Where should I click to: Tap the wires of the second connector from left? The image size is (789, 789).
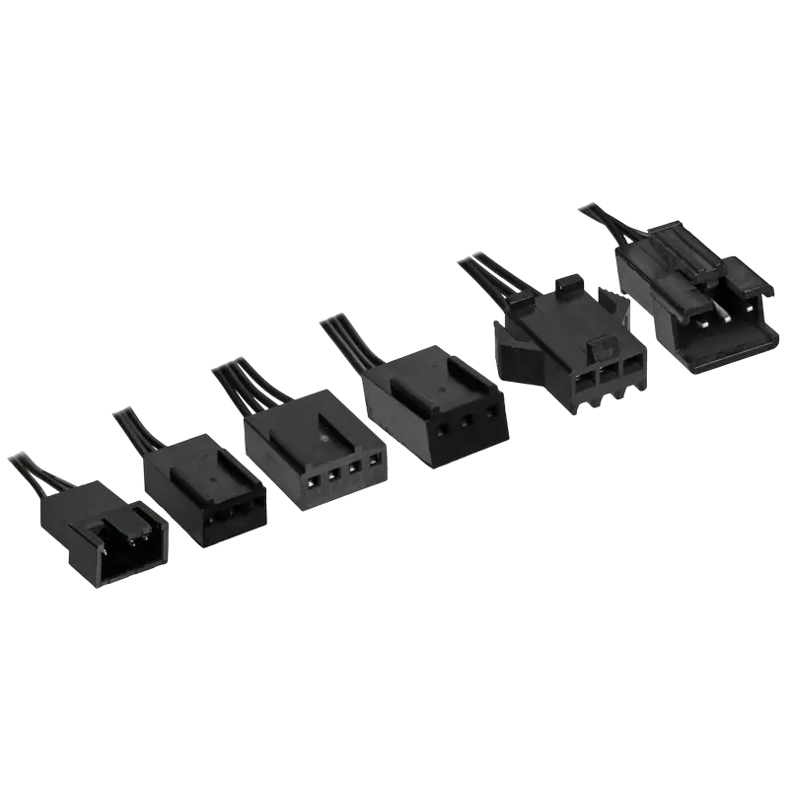coord(133,428)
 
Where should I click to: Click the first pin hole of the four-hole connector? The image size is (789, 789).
coord(313,482)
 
